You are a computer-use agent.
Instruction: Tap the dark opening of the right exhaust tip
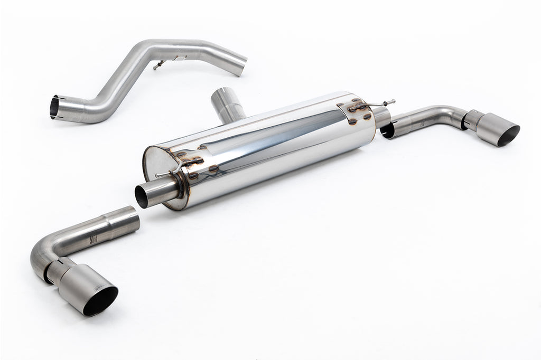(508, 136)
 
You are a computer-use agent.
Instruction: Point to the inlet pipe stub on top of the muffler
(227, 103)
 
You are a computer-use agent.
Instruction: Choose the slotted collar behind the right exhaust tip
(471, 120)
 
